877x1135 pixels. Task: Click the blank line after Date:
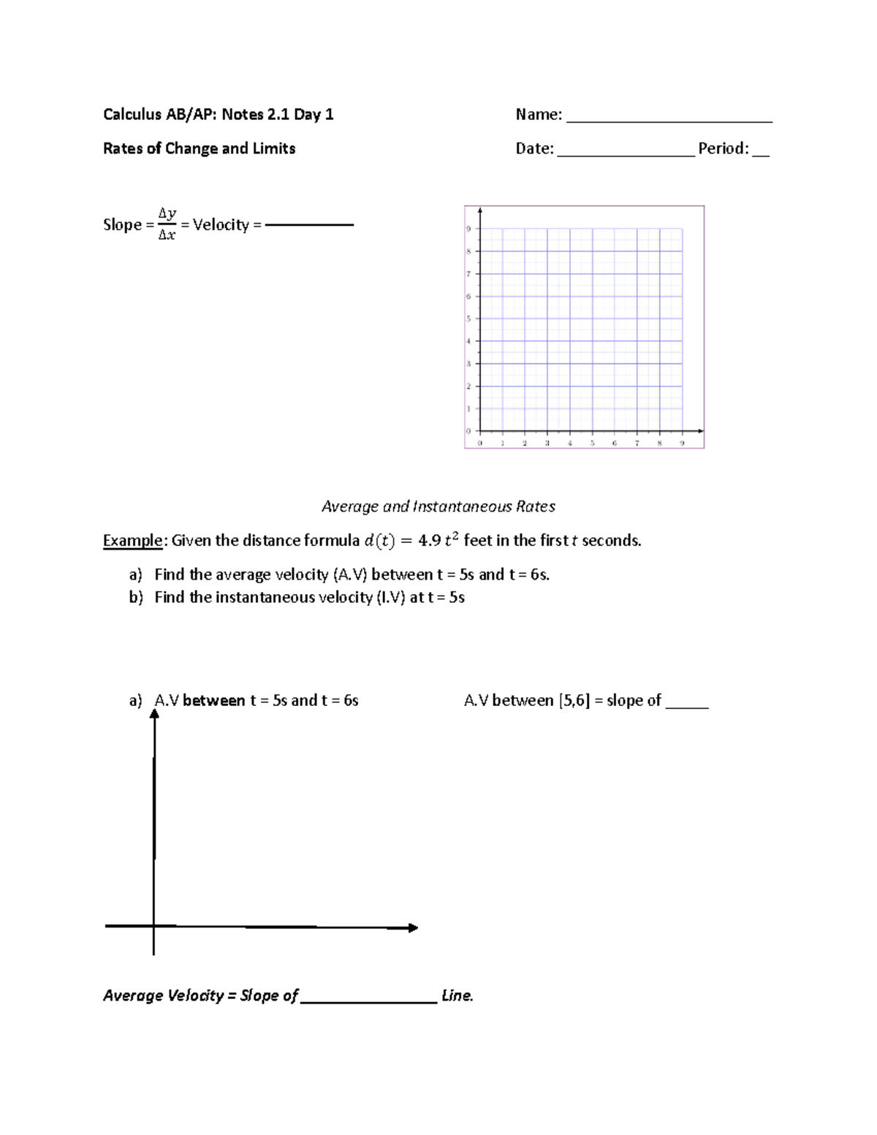626,154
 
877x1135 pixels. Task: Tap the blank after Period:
761,154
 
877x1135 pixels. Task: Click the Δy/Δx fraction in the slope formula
167,224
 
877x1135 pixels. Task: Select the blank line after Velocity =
309,225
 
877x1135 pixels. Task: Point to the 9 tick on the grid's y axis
469,229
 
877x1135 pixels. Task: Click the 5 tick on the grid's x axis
592,443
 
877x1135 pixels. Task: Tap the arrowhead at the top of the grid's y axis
480,210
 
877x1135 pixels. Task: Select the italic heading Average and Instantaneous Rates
438,506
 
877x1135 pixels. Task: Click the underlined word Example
132,541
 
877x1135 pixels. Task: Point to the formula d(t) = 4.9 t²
412,541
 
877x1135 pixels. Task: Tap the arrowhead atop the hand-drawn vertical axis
154,714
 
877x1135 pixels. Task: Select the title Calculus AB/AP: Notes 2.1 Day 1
218,114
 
